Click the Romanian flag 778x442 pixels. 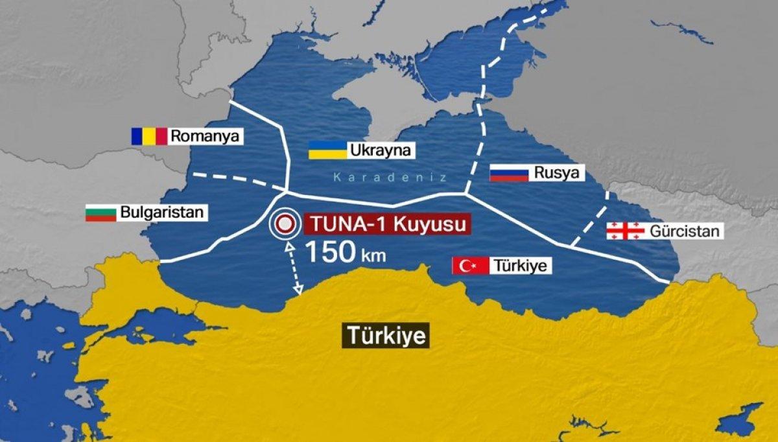(x=149, y=136)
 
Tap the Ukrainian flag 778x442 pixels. (x=327, y=150)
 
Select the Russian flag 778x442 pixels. (x=509, y=173)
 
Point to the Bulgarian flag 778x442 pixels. (x=100, y=213)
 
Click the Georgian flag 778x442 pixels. (x=625, y=231)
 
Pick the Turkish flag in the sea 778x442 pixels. (x=470, y=265)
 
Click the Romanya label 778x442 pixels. (x=205, y=136)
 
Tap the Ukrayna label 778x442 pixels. (x=380, y=151)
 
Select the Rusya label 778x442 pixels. (x=557, y=173)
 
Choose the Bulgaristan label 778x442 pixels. (x=162, y=213)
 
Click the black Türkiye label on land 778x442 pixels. (x=386, y=336)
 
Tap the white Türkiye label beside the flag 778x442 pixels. (x=520, y=265)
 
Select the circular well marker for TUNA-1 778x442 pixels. (x=284, y=225)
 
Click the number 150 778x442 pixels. (x=329, y=252)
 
